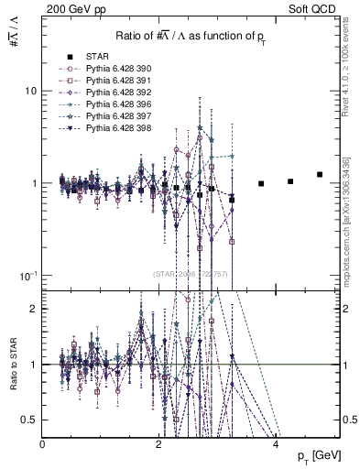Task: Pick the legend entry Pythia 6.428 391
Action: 116,82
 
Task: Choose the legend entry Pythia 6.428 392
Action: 116,93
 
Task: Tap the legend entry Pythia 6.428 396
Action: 116,106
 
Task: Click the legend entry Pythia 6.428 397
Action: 116,118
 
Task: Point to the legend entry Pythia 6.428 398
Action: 116,131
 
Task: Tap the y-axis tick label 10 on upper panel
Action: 29,92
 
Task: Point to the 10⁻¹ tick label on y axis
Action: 27,276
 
